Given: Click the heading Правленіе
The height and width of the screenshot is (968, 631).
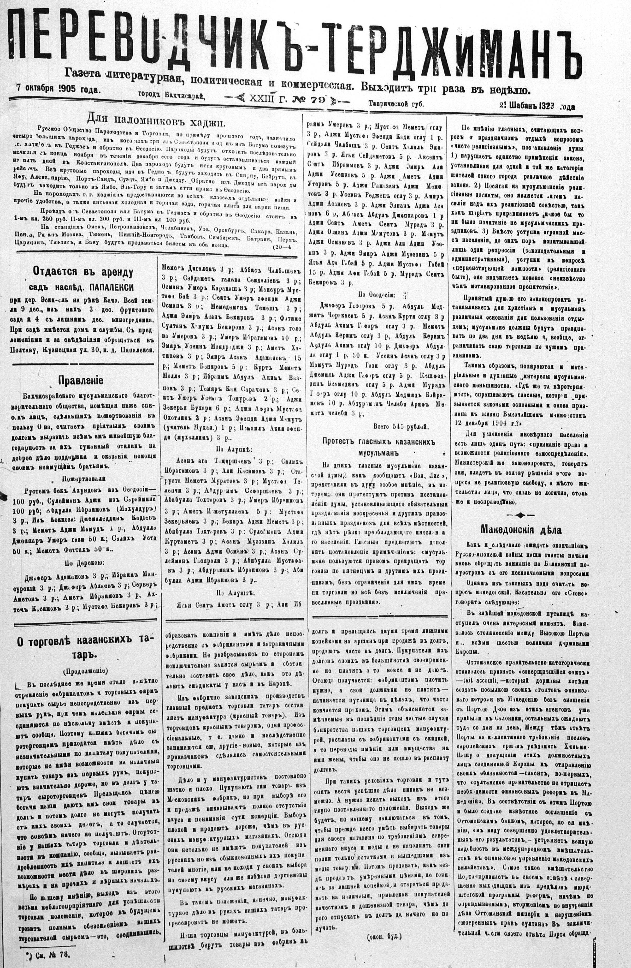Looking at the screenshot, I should click(x=81, y=380).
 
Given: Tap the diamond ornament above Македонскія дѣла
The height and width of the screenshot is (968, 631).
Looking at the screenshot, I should click(x=520, y=515).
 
